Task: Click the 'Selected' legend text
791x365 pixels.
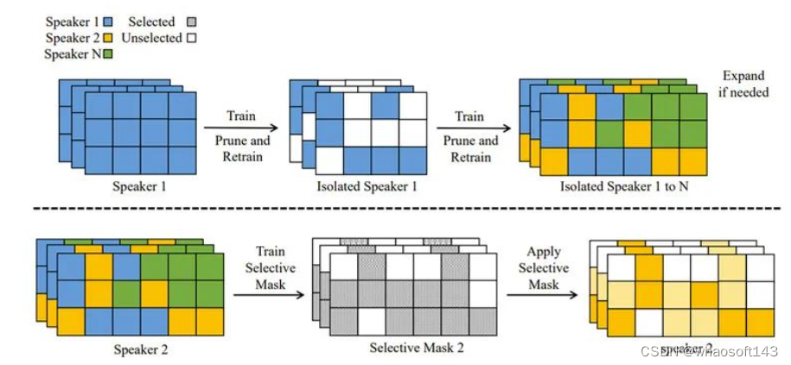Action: pyautogui.click(x=151, y=22)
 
